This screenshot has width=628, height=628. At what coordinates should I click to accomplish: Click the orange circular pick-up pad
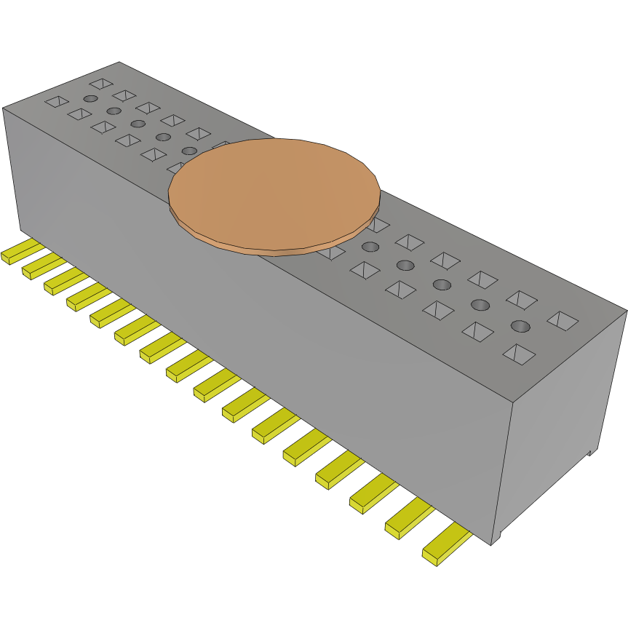[274, 195]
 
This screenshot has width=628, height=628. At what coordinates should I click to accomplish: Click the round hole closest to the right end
[519, 325]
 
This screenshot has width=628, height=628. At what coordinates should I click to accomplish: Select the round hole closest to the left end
[90, 98]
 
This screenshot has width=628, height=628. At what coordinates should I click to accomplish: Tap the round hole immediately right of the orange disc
[370, 247]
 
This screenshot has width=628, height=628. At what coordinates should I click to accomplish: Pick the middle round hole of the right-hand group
[442, 284]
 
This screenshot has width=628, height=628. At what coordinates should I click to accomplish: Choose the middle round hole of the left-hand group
[138, 124]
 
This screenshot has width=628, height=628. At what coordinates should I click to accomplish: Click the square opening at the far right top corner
[563, 319]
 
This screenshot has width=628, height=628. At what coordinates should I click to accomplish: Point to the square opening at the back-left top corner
[102, 84]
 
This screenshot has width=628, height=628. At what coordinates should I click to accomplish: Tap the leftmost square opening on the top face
[56, 101]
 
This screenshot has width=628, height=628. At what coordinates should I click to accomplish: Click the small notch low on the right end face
[590, 453]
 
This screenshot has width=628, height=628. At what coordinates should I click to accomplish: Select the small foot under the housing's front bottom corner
[495, 539]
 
